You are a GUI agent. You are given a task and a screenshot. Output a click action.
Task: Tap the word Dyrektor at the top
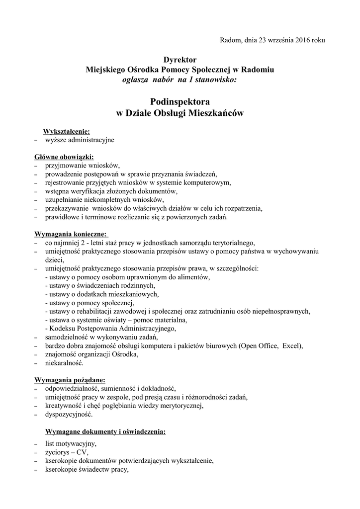click(180, 60)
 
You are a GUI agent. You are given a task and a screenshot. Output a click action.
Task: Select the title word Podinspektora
click(180, 101)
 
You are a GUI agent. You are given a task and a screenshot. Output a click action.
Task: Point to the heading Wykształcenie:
click(67, 131)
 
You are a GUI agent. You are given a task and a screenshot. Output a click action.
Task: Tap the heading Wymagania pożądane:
click(70, 380)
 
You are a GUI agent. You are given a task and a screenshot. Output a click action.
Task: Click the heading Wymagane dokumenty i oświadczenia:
click(105, 431)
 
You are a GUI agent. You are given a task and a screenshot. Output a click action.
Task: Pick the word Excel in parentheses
click(291, 345)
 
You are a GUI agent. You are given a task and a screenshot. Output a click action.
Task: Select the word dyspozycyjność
click(68, 414)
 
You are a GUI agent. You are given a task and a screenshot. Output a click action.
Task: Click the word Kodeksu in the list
click(61, 328)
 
